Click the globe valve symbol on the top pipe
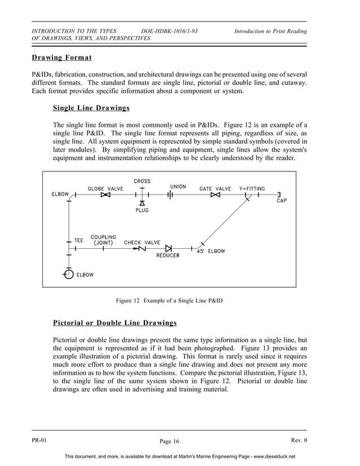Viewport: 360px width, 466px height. (105, 195)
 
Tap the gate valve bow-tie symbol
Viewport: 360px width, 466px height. (215, 195)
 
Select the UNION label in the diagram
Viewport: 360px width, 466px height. (178, 187)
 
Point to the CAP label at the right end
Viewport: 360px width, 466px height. (281, 201)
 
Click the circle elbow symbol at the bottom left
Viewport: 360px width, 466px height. (68, 274)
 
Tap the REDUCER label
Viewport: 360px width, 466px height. (168, 256)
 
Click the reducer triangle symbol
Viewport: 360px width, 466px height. (168, 248)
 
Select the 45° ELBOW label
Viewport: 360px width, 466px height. (210, 251)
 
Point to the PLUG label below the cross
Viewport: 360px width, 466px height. (142, 210)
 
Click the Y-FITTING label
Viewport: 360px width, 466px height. (252, 188)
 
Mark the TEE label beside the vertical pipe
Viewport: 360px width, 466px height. (78, 240)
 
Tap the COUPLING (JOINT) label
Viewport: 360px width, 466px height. (103, 240)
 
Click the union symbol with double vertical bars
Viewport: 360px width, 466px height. (169, 195)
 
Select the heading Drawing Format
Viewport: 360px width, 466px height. (62, 58)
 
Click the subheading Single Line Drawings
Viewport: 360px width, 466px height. (91, 107)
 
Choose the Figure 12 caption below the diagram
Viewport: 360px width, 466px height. (169, 301)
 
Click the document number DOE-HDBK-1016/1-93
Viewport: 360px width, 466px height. (169, 31)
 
